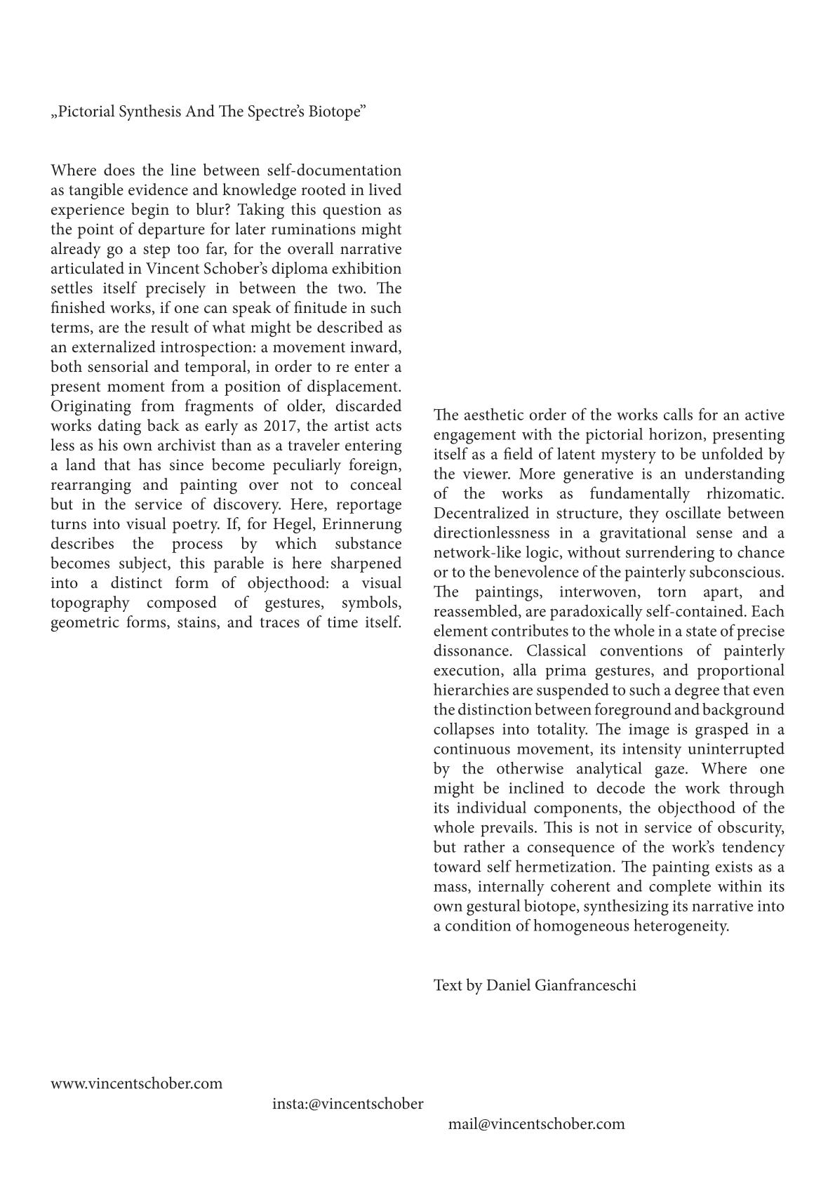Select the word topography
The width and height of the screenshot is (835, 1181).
pos(90,603)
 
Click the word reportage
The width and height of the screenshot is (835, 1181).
pos(369,505)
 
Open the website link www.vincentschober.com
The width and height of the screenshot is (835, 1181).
pos(136,1083)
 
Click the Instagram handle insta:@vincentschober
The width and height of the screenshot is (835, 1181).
pos(348,1104)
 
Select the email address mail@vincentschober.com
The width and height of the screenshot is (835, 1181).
pos(537,1124)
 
